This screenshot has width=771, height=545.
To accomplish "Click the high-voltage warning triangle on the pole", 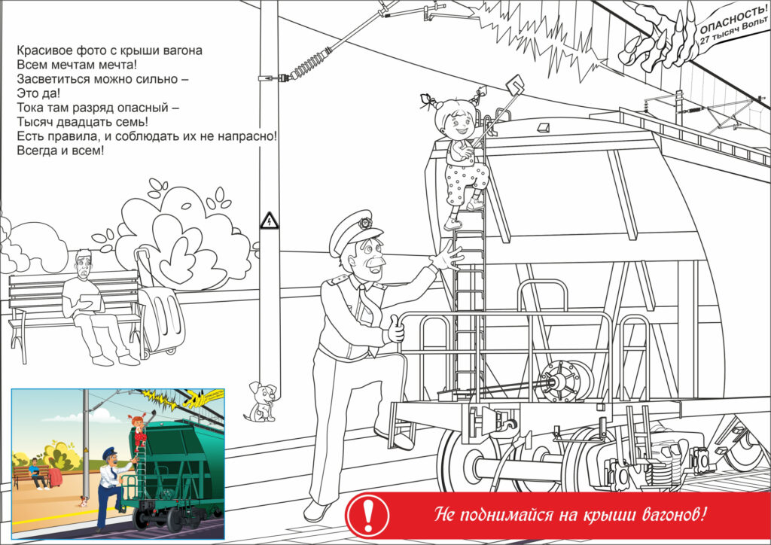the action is coord(269,221).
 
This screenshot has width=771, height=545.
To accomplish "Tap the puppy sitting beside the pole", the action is coord(260,402).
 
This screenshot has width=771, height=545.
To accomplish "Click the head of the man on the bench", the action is coord(84,264).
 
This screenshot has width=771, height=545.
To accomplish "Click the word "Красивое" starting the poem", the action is coord(43,50).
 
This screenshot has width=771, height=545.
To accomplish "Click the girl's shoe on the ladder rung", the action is coord(453,224).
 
